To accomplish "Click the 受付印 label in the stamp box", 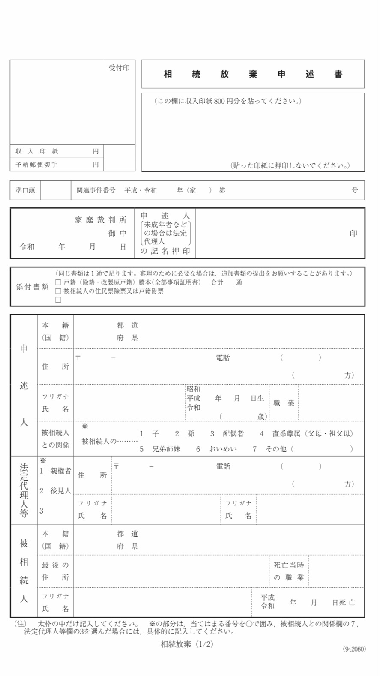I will [x=119, y=68].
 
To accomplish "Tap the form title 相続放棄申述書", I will [x=253, y=74].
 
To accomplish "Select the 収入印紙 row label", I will [x=37, y=151].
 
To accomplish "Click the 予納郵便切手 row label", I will [x=36, y=165].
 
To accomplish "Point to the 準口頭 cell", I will [x=25, y=190].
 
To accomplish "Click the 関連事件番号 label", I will [x=96, y=190].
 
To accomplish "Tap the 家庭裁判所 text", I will [x=101, y=220].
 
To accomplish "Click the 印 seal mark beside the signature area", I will [x=353, y=234].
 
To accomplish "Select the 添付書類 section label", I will [x=32, y=287].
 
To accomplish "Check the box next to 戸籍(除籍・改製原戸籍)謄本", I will [x=58, y=282].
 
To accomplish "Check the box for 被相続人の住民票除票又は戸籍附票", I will [x=58, y=291].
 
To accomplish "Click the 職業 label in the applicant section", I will [x=284, y=403].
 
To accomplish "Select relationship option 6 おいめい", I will [x=217, y=449].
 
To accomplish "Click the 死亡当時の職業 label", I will [x=289, y=571].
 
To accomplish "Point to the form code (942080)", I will [x=354, y=649].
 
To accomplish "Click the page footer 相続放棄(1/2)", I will [x=187, y=644].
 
